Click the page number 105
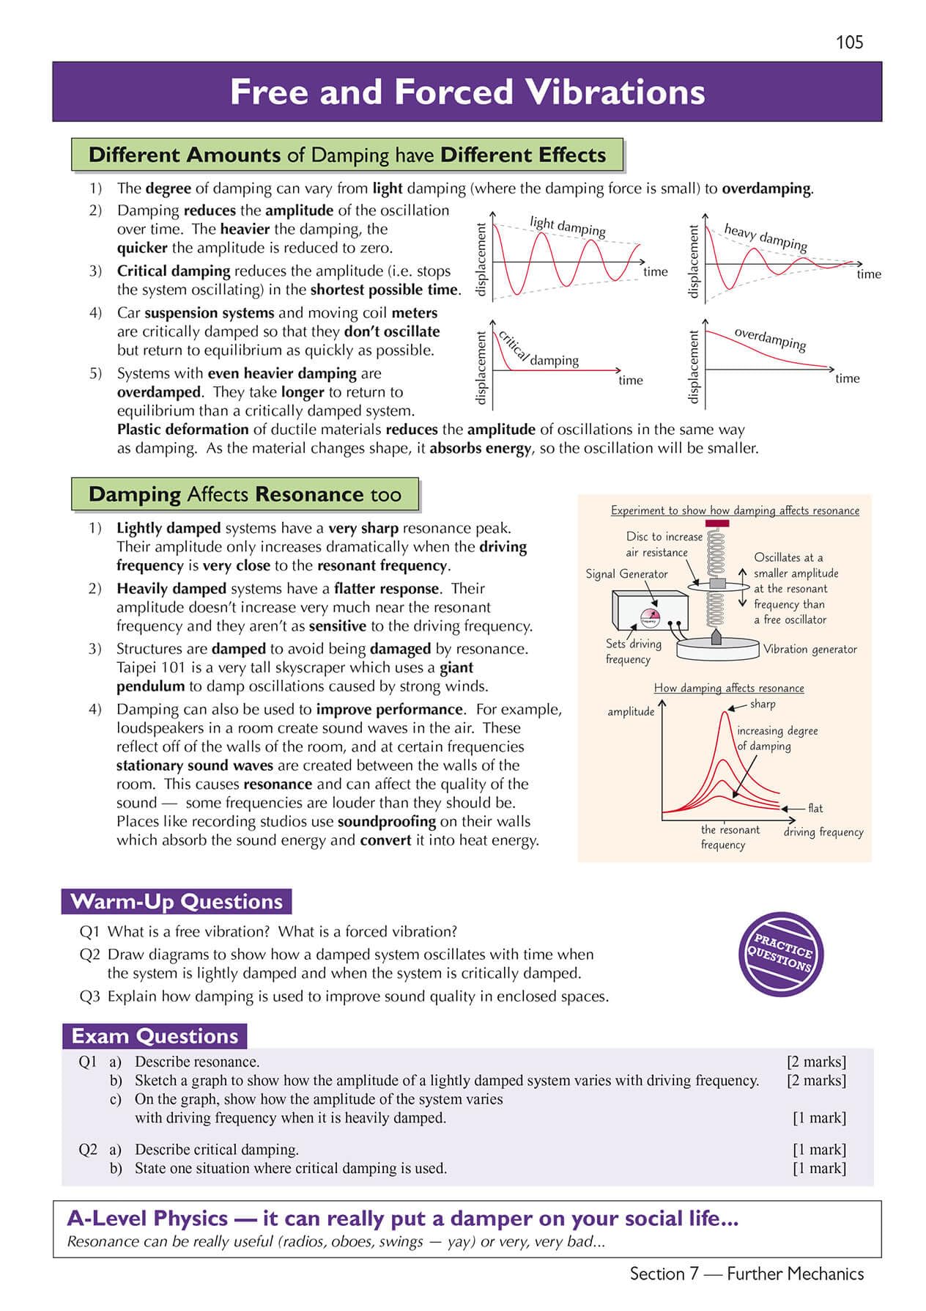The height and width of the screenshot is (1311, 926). (849, 43)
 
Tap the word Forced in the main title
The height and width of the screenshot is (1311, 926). (453, 92)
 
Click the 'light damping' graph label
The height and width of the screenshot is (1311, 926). (567, 226)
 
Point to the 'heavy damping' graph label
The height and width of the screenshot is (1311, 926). (765, 237)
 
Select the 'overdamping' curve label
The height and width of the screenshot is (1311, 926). (770, 339)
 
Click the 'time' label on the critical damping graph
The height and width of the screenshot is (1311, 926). (630, 380)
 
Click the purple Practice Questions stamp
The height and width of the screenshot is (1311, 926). (781, 954)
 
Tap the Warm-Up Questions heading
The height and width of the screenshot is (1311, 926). (177, 901)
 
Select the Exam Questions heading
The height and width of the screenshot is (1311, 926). (155, 1036)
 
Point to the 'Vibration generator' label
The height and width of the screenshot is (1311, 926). (810, 649)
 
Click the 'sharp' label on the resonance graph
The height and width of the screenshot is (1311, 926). (763, 704)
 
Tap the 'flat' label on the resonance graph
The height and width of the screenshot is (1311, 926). (815, 808)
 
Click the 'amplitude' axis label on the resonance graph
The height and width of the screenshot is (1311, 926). (630, 711)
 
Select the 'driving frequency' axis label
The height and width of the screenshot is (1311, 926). (823, 832)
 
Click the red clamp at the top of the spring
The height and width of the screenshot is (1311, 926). (716, 524)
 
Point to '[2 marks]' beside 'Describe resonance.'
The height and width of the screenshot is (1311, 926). (816, 1062)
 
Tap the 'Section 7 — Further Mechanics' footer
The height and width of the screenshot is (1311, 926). (747, 1274)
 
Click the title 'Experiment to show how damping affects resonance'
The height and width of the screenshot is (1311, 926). (735, 510)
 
